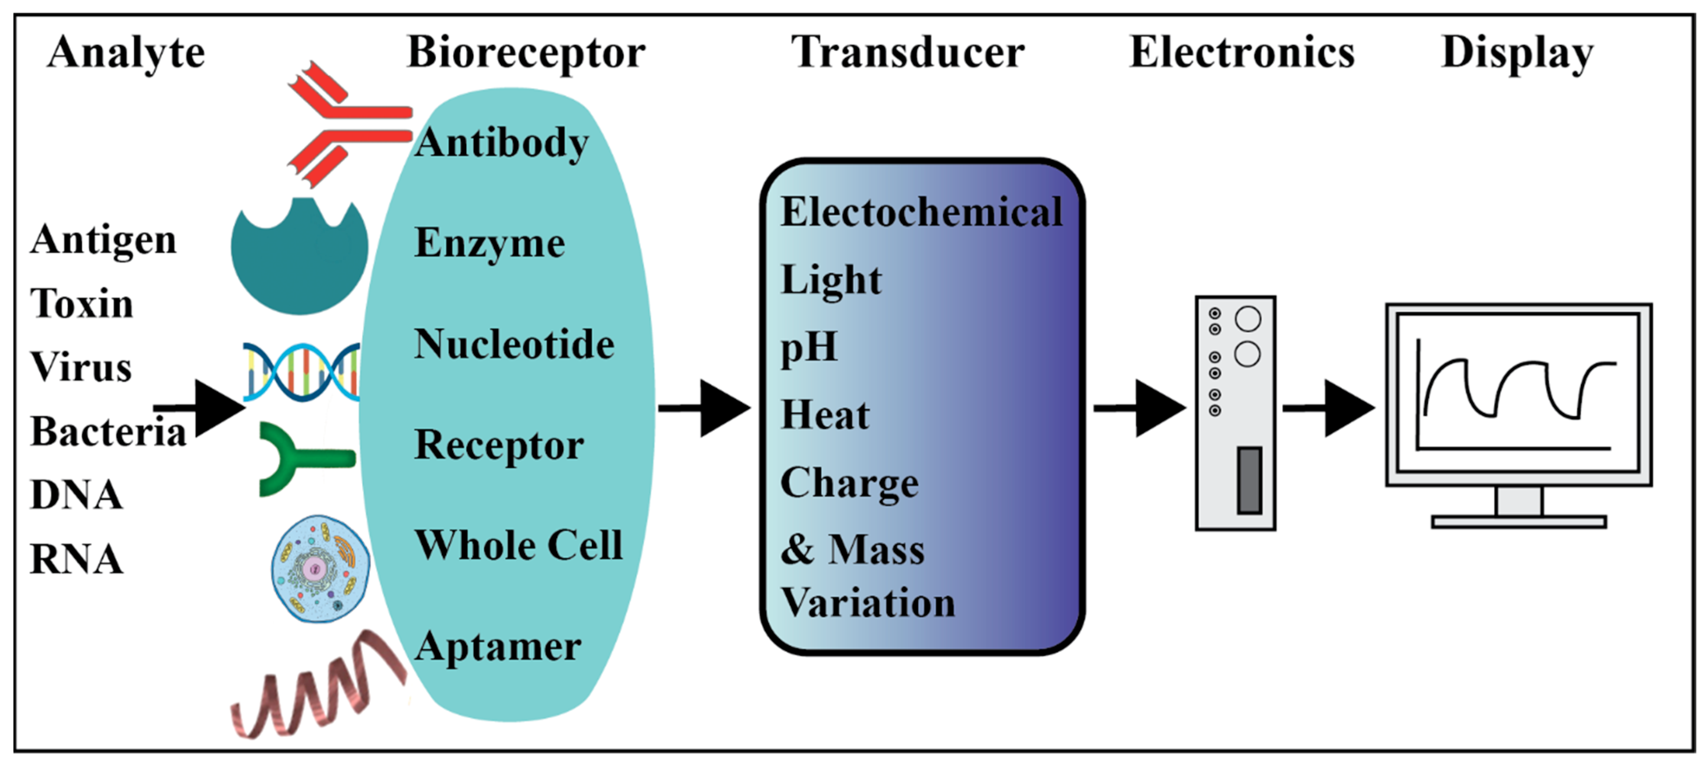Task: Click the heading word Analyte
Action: coord(126,53)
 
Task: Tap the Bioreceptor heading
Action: coord(526,53)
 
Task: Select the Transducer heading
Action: coord(908,53)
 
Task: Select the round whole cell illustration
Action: coord(320,569)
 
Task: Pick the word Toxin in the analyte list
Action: coord(82,304)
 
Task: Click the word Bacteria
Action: coord(108,432)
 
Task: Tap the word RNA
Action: coord(76,559)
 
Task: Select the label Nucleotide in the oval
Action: coord(514,345)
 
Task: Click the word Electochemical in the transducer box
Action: coord(921,212)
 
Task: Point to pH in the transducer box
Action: coord(809,347)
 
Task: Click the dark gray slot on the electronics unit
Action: coord(1249,480)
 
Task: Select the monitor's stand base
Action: coord(1519,522)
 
